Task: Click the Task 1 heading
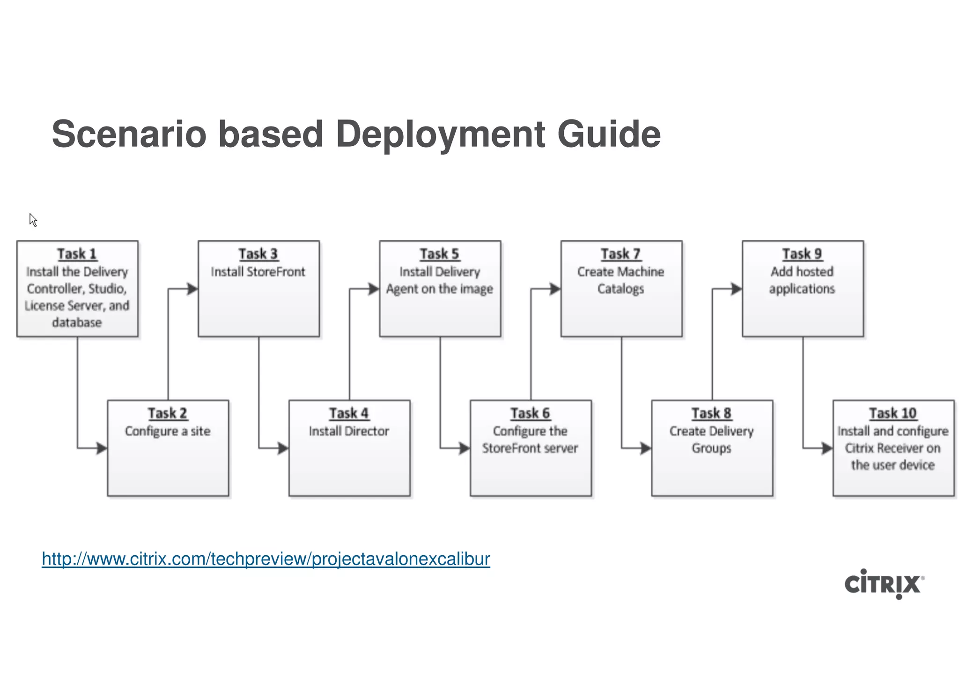click(77, 254)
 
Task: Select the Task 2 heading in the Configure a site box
click(168, 413)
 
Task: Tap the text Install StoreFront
click(258, 272)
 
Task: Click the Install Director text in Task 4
click(349, 431)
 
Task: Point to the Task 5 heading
click(439, 254)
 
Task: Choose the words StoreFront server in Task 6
click(530, 448)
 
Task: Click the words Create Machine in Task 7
click(620, 272)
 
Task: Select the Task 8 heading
click(711, 413)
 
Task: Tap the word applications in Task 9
click(802, 289)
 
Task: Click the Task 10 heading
click(893, 413)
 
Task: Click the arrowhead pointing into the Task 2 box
click(102, 448)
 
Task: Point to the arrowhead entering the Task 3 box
click(192, 289)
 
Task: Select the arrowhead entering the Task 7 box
click(555, 289)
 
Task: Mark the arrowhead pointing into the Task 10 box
click(827, 448)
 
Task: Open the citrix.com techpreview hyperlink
click(266, 559)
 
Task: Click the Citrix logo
click(883, 584)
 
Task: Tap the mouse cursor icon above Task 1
click(32, 219)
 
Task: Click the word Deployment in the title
click(441, 134)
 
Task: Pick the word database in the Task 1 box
click(77, 323)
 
